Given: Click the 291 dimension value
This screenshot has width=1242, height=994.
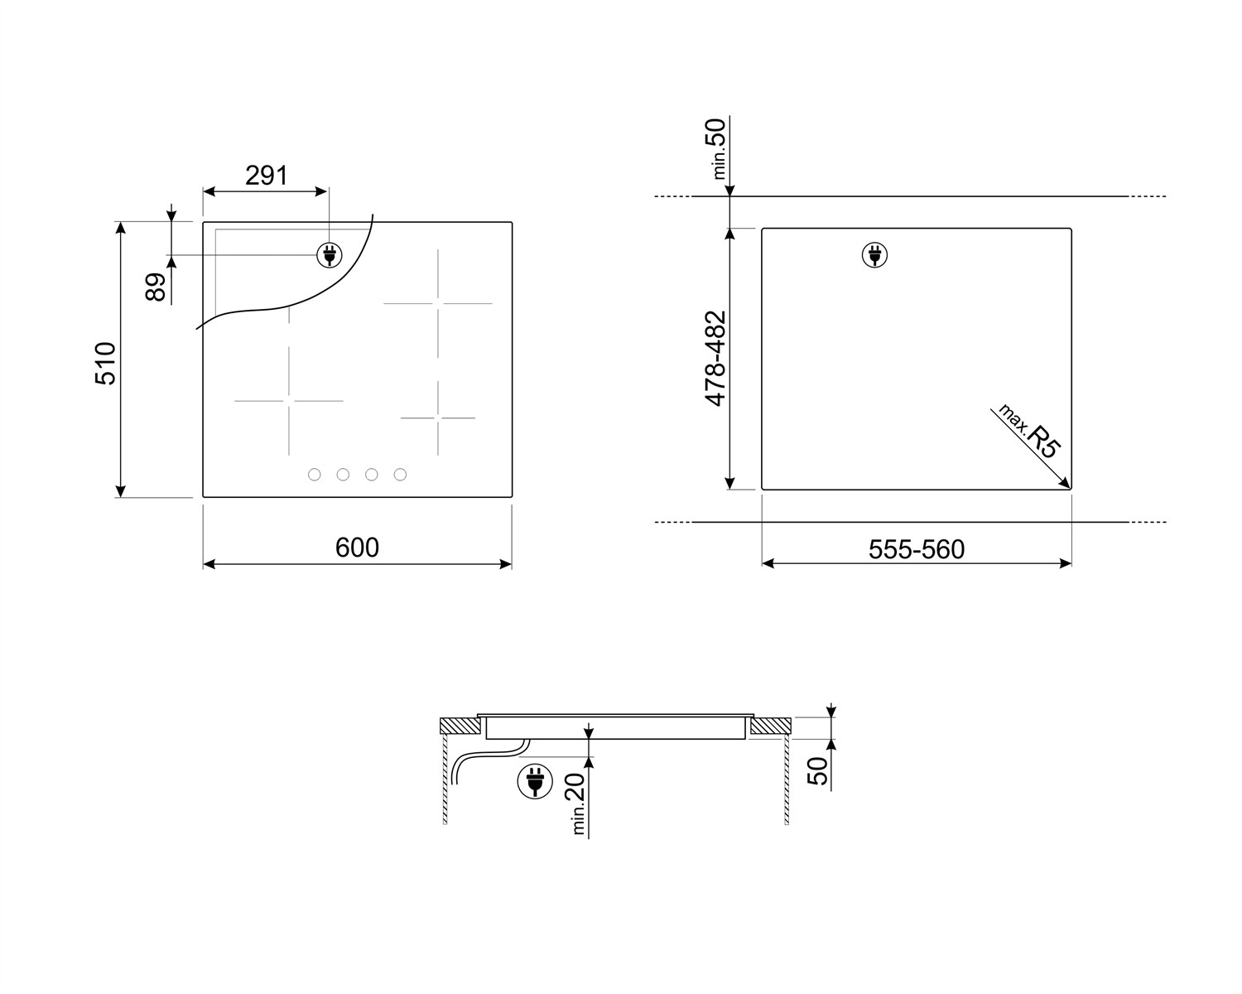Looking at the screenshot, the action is [266, 176].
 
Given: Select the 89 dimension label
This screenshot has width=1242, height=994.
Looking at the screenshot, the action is [156, 287].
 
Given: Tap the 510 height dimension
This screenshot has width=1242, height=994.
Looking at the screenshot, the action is [106, 364].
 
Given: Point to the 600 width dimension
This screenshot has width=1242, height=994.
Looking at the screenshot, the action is [357, 548].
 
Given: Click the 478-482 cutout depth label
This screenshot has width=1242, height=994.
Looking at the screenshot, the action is [715, 359].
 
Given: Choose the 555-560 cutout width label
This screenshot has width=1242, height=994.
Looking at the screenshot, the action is [917, 549].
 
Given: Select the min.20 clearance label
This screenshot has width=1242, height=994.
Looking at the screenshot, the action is [577, 803].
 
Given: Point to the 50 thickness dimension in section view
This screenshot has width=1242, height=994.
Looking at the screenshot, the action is [817, 771].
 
